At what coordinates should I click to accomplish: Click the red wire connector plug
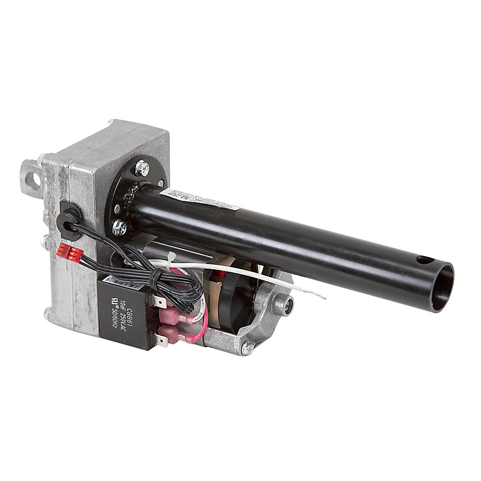pos(67,252)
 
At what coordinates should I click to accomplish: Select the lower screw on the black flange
pos(119,227)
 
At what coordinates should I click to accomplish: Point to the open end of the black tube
pos(442,287)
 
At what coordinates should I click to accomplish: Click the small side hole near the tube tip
pos(425,260)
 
